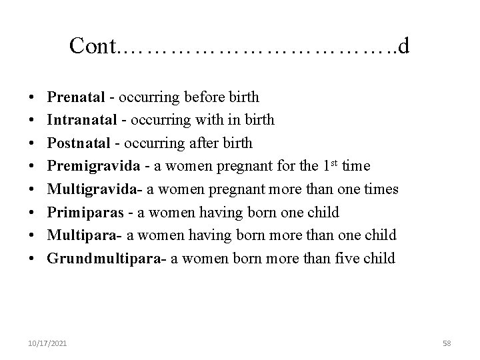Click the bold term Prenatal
coord(76,97)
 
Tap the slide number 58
coord(447,343)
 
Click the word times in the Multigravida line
coord(382,189)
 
